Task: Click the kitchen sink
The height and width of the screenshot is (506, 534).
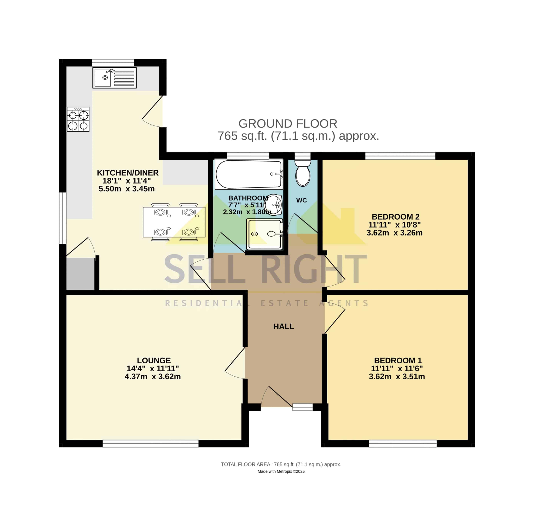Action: [x=114, y=78]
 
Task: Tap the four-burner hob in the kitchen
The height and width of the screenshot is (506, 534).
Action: [x=78, y=119]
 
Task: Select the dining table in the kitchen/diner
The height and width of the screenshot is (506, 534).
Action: [x=174, y=222]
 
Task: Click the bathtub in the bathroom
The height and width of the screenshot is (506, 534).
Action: [x=249, y=174]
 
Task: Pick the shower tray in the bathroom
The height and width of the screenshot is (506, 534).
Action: [x=265, y=234]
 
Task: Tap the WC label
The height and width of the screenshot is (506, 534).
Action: [x=301, y=200]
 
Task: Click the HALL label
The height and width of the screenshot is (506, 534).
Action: [x=284, y=327]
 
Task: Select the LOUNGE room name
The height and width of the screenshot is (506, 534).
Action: [x=154, y=361]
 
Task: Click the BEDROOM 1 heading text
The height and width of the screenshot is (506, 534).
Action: [x=398, y=361]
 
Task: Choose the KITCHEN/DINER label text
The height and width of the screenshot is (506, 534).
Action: [x=128, y=173]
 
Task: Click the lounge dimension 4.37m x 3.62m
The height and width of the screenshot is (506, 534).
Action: [x=153, y=377]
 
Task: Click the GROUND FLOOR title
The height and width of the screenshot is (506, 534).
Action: [x=288, y=124]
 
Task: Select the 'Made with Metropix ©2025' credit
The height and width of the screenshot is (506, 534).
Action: [x=281, y=472]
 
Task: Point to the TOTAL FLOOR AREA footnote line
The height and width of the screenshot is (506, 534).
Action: [x=281, y=464]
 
